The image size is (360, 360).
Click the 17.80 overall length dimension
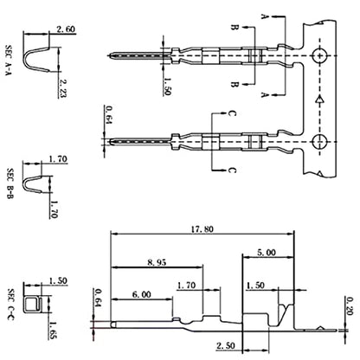pos(202,229)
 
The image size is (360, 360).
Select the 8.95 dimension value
pos(157,262)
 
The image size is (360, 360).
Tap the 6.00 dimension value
pos(142,294)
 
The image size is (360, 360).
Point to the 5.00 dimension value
pos(267,253)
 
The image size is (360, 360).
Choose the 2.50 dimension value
pos(226,345)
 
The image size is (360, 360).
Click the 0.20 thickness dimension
pos(350,306)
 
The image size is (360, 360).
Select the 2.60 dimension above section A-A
pos(66,29)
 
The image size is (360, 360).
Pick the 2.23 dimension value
pos(62,88)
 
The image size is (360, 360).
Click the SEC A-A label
pos(10,60)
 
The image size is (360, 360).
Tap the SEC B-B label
pos(10,184)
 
